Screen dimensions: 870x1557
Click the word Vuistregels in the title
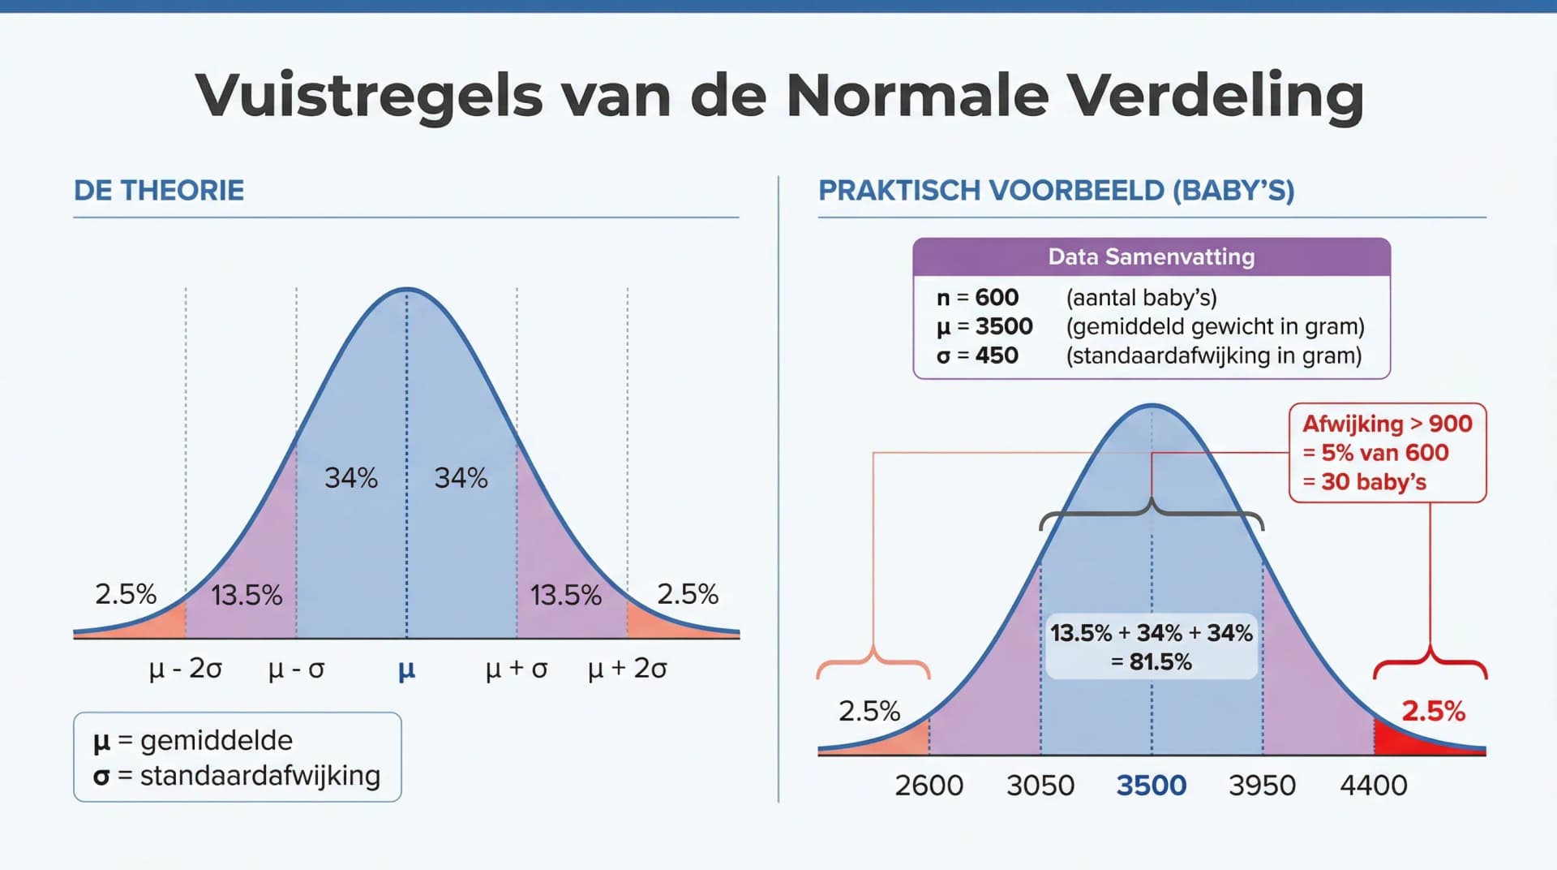pyautogui.click(x=368, y=96)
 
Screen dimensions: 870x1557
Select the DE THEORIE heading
pyautogui.click(x=159, y=191)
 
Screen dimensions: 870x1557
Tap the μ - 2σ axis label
pyautogui.click(x=185, y=669)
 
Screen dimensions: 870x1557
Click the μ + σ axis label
pyautogui.click(x=517, y=669)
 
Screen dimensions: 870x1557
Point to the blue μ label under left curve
pyautogui.click(x=406, y=670)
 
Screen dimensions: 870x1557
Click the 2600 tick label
pyautogui.click(x=929, y=786)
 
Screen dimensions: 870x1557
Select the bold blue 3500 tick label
pyautogui.click(x=1151, y=786)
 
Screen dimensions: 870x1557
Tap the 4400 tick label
pyautogui.click(x=1373, y=786)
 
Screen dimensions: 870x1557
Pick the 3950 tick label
pyautogui.click(x=1262, y=786)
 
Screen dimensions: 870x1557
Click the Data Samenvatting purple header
pyautogui.click(x=1151, y=257)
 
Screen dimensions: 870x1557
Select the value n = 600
pyautogui.click(x=977, y=298)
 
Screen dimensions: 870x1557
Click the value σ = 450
pyautogui.click(x=977, y=355)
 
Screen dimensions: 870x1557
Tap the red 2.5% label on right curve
pyautogui.click(x=1433, y=712)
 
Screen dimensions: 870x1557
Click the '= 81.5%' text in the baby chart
pyautogui.click(x=1151, y=662)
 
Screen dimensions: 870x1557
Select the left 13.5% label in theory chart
pyautogui.click(x=247, y=596)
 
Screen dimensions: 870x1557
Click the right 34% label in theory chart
pyautogui.click(x=461, y=478)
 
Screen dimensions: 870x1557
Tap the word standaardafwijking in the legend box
pyautogui.click(x=259, y=776)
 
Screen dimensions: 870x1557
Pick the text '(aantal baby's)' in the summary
pyautogui.click(x=1141, y=298)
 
